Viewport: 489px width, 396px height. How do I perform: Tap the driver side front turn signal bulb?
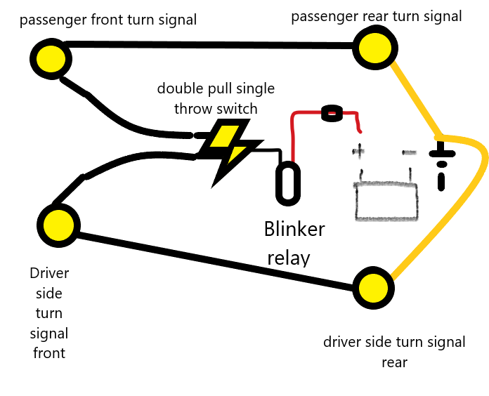[x=56, y=226]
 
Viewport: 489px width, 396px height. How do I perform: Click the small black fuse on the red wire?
[x=330, y=112]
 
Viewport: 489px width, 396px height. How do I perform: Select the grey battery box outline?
[x=386, y=202]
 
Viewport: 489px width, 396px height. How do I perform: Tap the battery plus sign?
[x=359, y=151]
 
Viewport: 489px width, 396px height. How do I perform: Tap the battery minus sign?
[x=407, y=151]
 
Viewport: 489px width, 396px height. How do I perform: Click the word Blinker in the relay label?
[x=294, y=230]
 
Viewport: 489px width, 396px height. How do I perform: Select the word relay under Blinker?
[x=288, y=258]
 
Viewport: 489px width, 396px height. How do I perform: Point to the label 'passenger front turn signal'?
[x=108, y=19]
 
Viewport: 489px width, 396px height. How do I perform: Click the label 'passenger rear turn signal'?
[x=377, y=15]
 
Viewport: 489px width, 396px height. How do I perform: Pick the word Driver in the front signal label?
[x=49, y=273]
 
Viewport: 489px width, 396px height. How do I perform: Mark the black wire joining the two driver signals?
[x=211, y=259]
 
